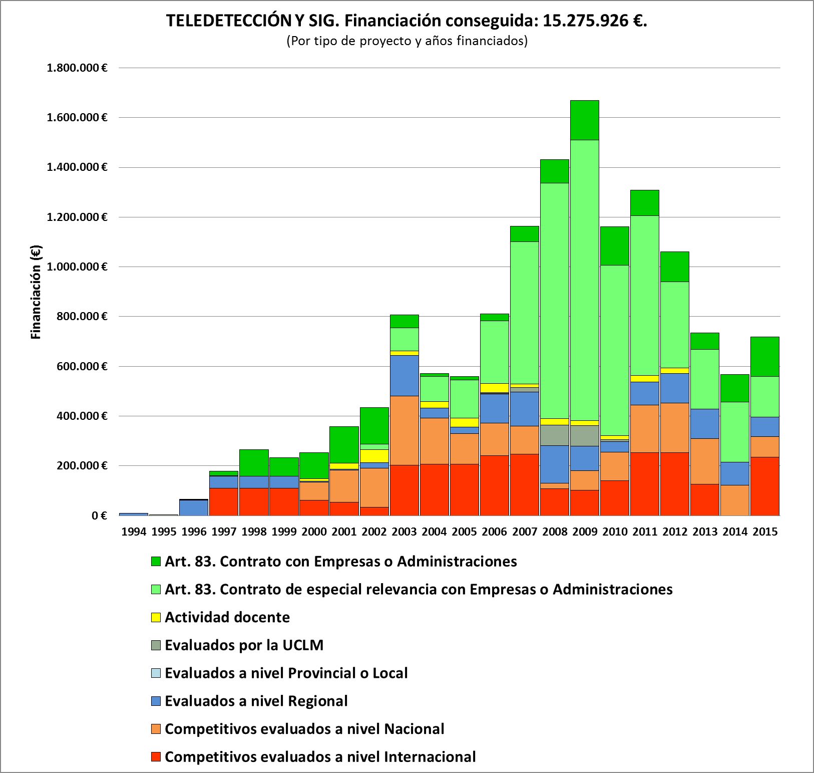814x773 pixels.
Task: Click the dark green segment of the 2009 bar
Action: [585, 120]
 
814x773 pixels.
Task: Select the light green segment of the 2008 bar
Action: [555, 301]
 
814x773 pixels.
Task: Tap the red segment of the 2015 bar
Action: [765, 486]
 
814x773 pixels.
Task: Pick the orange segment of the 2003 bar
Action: [404, 430]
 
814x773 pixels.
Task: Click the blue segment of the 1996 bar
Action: [194, 507]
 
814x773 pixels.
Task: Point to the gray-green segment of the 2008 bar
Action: [555, 435]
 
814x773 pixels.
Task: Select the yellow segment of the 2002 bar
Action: [374, 456]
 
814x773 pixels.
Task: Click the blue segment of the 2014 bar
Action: [735, 473]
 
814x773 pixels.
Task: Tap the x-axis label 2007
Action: [525, 532]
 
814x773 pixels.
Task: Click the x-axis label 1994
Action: [134, 532]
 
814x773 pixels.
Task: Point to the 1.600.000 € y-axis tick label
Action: [77, 118]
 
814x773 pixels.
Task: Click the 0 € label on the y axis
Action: [99, 516]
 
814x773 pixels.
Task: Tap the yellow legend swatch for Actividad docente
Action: [156, 617]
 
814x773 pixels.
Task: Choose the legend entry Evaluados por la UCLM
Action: [244, 645]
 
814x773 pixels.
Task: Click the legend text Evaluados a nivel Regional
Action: [256, 701]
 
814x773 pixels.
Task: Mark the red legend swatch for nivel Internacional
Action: [156, 756]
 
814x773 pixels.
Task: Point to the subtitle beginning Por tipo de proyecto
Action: [407, 41]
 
